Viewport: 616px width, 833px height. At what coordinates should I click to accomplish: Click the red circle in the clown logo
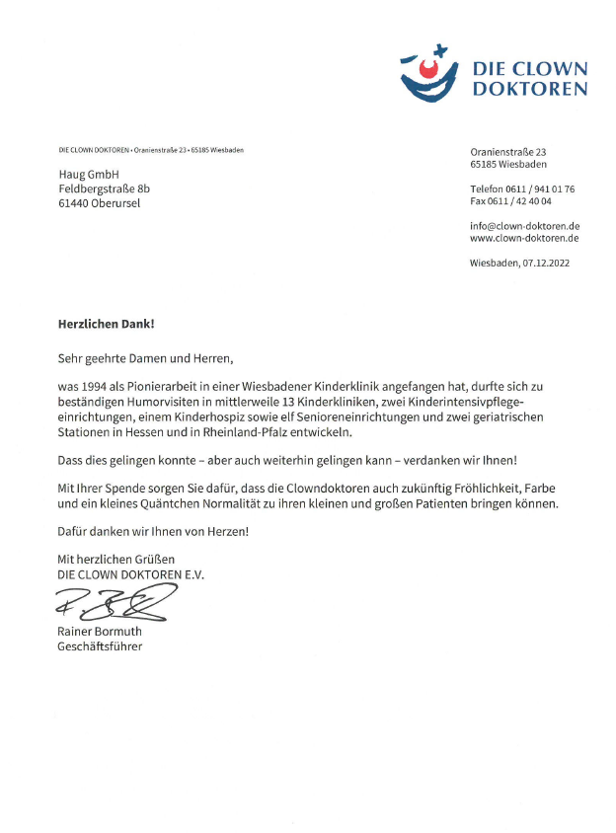428,71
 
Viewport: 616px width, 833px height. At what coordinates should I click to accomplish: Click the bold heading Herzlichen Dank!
107,323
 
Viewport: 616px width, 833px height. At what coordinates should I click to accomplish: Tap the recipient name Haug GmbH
90,174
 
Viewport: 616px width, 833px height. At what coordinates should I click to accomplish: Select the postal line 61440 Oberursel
100,203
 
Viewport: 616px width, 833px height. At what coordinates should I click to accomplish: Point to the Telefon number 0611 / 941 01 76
522,188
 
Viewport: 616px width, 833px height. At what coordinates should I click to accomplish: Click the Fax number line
510,201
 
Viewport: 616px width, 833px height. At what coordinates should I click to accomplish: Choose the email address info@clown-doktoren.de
524,226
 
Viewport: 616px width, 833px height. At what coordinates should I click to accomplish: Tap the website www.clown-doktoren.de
524,239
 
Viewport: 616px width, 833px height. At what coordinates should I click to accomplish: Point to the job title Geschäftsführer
100,646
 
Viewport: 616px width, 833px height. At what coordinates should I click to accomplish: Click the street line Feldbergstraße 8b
105,189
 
